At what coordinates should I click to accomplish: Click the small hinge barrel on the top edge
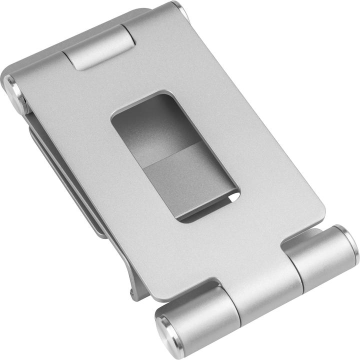click(x=100, y=48)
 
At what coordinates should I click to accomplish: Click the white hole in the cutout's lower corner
click(x=233, y=198)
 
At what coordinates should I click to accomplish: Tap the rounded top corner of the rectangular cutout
click(x=160, y=94)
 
